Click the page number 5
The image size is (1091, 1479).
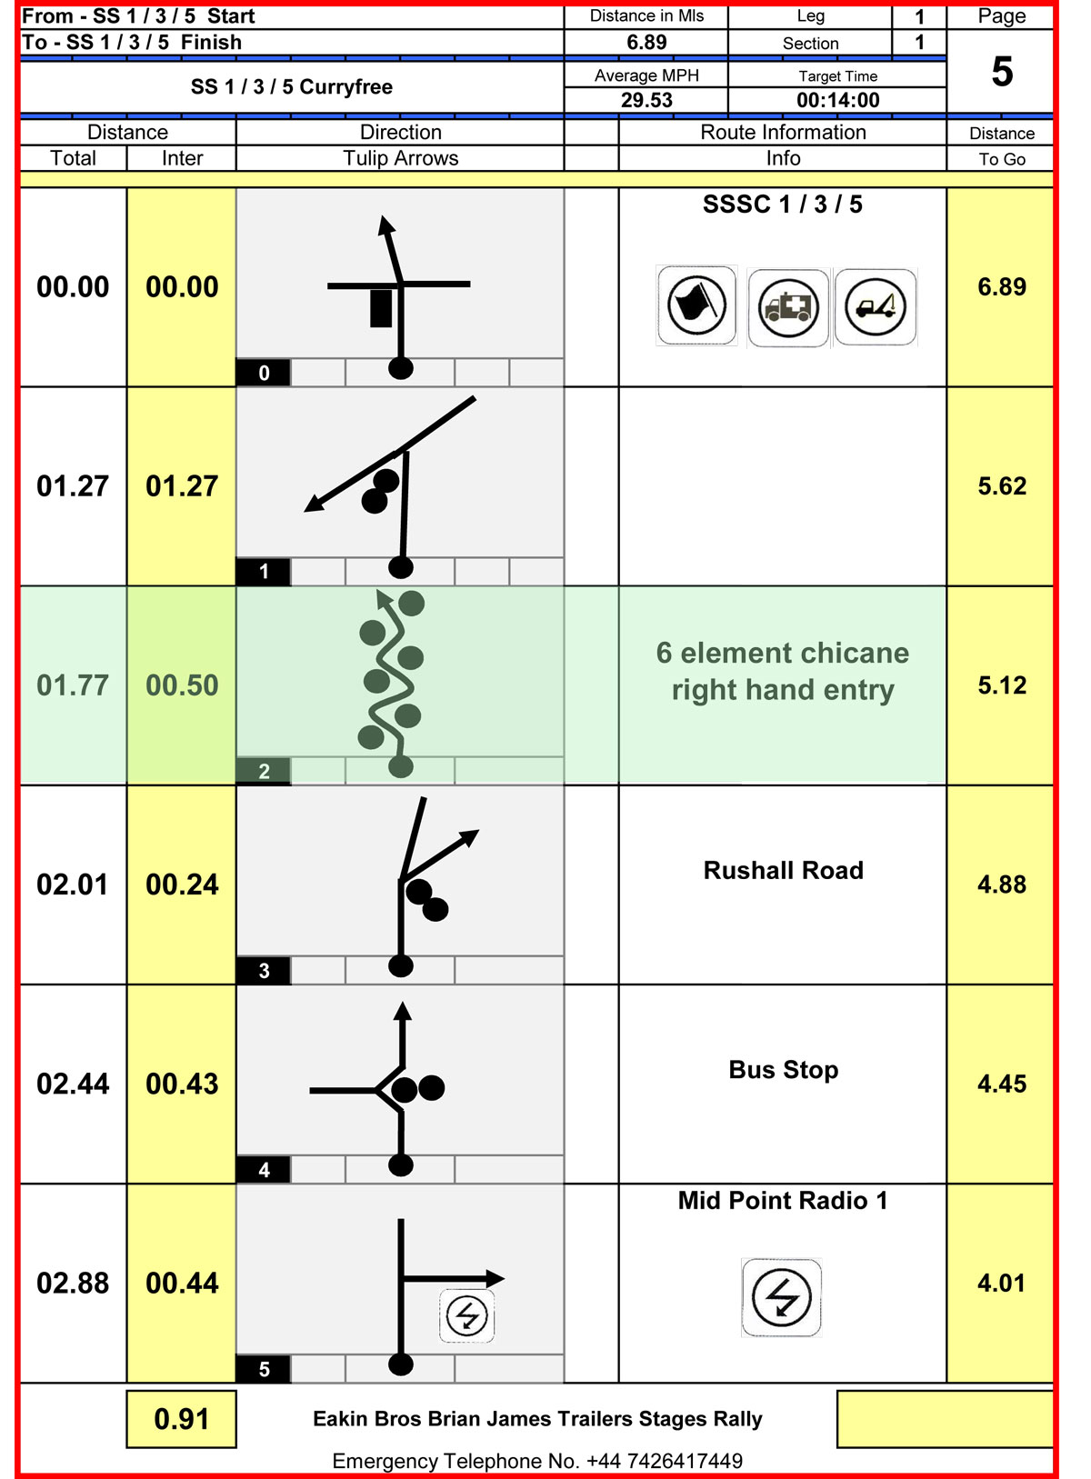coord(1002,71)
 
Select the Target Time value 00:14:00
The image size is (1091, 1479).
coord(837,100)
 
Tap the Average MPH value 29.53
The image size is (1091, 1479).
coord(646,100)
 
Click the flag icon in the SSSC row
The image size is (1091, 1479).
coord(696,305)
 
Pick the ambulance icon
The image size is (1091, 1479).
coord(788,307)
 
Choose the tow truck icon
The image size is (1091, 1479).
coord(876,307)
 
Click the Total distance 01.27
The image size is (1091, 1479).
coord(73,486)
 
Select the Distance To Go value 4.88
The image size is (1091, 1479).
coord(1002,884)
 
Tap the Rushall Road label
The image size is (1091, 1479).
coord(784,870)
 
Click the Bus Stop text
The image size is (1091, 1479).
coord(784,1070)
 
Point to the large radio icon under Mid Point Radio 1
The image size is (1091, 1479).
coord(781,1297)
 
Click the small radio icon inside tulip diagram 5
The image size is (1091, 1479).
coord(467,1316)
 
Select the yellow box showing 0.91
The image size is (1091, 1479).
coord(182,1419)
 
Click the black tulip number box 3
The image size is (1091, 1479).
coord(264,970)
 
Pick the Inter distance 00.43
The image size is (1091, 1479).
coord(182,1084)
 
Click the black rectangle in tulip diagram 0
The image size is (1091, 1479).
coord(381,308)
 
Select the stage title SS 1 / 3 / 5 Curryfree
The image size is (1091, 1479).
coord(291,86)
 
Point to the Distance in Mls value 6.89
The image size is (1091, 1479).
coord(646,42)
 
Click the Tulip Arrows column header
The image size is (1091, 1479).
coord(400,158)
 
